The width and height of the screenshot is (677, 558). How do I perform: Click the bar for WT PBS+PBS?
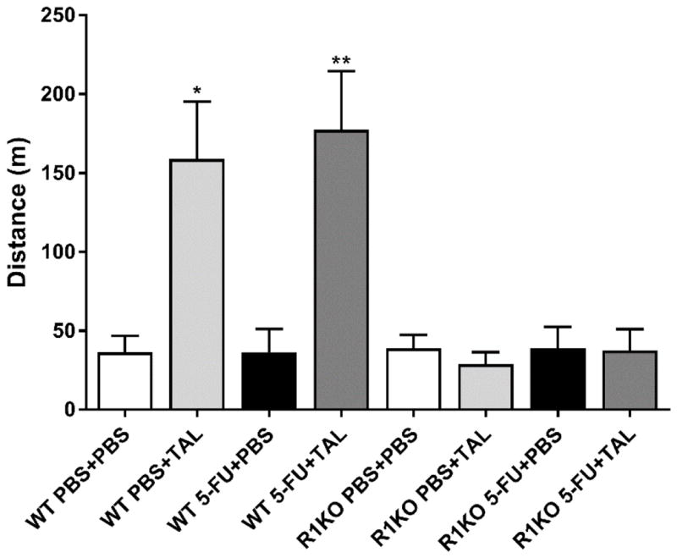tap(124, 381)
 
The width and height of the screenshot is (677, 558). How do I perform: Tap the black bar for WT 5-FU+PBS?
tap(269, 381)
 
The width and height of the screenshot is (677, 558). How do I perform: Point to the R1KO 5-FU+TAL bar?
tap(630, 380)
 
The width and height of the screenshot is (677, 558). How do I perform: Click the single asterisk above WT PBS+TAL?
tap(196, 90)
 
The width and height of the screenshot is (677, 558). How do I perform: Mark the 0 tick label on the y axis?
tap(67, 410)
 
